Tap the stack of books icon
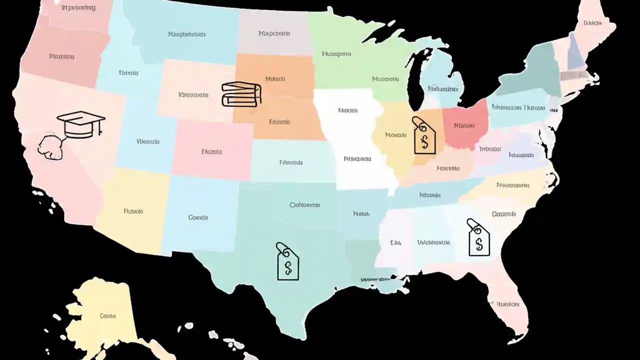pyautogui.click(x=241, y=94)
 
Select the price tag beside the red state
pyautogui.click(x=424, y=136)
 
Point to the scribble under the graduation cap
pyautogui.click(x=51, y=146)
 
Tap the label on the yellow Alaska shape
pyautogui.click(x=107, y=316)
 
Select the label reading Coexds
pyautogui.click(x=198, y=217)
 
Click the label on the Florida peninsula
pyautogui.click(x=507, y=304)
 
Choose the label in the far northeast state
pyautogui.click(x=592, y=23)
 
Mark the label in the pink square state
pyautogui.click(x=211, y=151)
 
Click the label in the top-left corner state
pyautogui.click(x=78, y=8)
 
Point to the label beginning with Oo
pyautogui.click(x=305, y=205)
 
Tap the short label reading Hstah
pyautogui.click(x=361, y=214)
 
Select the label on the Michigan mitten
pyautogui.click(x=442, y=89)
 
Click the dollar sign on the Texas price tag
pyautogui.click(x=288, y=268)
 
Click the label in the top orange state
pyautogui.click(x=275, y=79)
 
